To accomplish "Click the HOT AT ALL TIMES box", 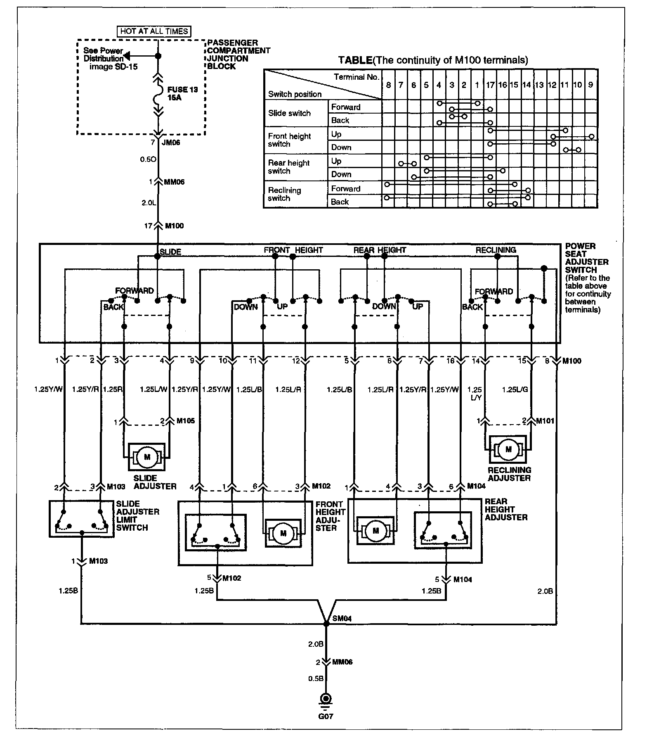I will (x=154, y=31).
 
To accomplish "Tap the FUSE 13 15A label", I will (x=182, y=94).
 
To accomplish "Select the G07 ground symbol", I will (x=326, y=699).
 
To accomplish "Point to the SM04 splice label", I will (x=342, y=619).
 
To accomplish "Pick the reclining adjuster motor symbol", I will (x=508, y=449).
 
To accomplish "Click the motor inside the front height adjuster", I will (x=283, y=533).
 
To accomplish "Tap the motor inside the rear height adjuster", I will (x=375, y=531).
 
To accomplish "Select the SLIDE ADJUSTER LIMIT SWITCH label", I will (x=137, y=515).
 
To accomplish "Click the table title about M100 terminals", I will (x=433, y=60).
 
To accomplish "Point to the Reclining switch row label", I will (x=284, y=194).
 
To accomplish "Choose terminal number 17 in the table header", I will (x=490, y=85).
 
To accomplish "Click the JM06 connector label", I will (x=171, y=143).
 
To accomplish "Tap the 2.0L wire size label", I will (x=149, y=203).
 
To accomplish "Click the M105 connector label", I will (x=185, y=421).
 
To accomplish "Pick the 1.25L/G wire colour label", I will (x=515, y=389).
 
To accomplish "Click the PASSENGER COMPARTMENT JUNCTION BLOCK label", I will (x=238, y=55).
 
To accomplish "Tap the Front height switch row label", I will (x=289, y=140).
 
